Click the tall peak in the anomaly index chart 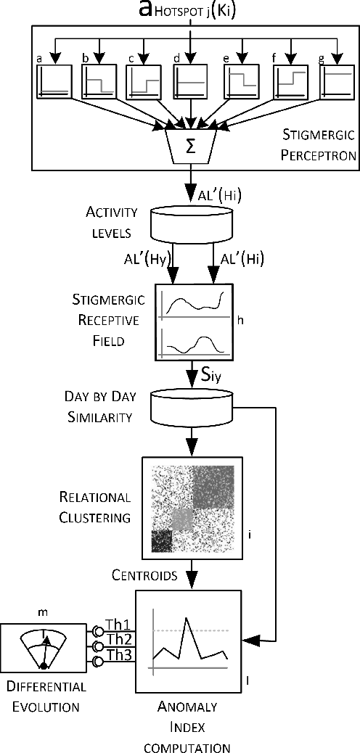coord(187,620)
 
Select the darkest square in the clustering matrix coord(162,540)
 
